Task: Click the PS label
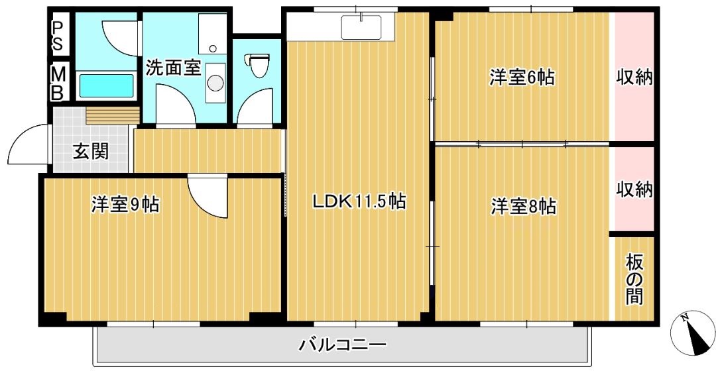point(58,35)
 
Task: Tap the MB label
point(58,83)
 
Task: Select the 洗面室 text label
point(173,68)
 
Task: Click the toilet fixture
point(258,64)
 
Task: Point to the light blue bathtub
point(106,85)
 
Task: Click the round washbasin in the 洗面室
point(215,82)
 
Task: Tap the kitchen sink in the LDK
point(361,27)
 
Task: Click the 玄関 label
point(91,152)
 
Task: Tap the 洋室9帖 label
point(125,205)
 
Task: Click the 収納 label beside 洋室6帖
point(634,78)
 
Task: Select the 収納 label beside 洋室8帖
point(634,190)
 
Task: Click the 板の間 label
point(634,278)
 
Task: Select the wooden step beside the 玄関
point(112,115)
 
